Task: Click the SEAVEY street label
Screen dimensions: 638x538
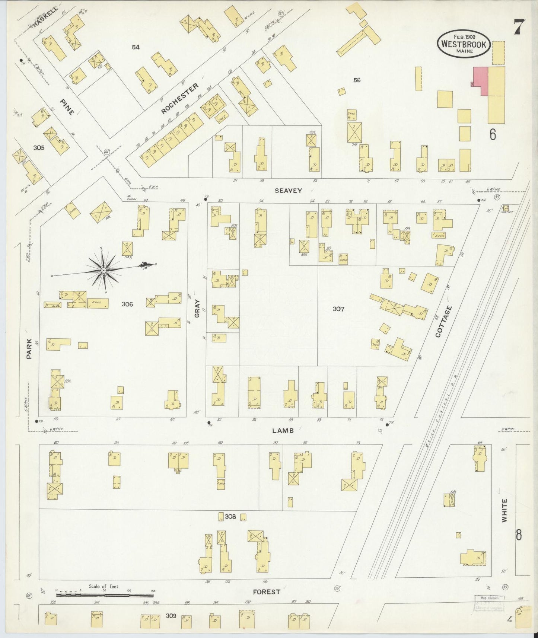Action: point(288,191)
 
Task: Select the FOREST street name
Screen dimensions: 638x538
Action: point(266,592)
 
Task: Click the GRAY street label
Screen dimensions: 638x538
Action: point(197,309)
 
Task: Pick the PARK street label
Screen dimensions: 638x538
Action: point(29,351)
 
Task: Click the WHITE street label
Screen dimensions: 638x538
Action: point(504,511)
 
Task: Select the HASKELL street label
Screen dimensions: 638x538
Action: point(45,17)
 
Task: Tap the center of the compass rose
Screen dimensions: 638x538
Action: point(103,269)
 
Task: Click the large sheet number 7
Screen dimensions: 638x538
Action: point(519,27)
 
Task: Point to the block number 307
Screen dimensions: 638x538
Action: point(338,309)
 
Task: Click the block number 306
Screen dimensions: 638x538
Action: point(127,304)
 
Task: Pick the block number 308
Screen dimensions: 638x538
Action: point(231,516)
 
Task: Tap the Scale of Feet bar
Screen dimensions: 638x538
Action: point(105,596)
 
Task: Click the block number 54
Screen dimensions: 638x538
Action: point(136,47)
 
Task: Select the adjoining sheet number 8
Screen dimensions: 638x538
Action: point(518,535)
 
